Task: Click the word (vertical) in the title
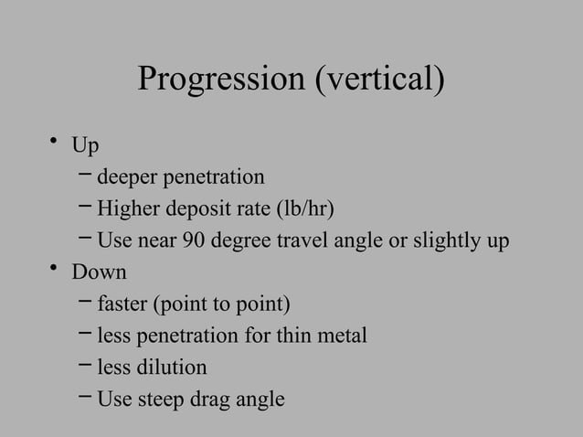[x=379, y=80]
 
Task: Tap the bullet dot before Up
[x=56, y=140]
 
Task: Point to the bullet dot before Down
[x=56, y=268]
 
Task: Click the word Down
[x=100, y=272]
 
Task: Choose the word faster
[x=122, y=304]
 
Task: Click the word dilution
[x=172, y=368]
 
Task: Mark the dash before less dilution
[x=85, y=366]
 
